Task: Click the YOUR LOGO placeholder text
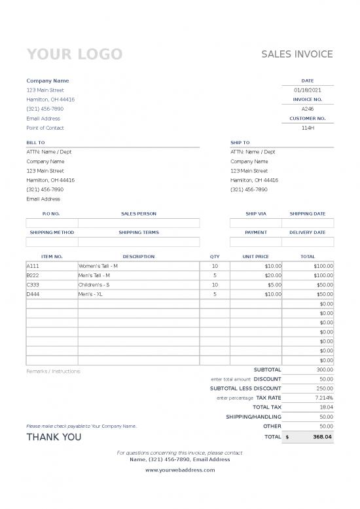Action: [x=74, y=54]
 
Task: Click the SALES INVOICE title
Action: [x=297, y=54]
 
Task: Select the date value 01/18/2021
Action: [x=308, y=90]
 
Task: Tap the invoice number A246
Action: [x=308, y=109]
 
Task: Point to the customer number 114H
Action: [x=308, y=128]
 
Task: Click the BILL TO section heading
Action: [x=35, y=142]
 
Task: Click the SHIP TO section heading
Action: [x=240, y=142]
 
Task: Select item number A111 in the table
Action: [x=33, y=266]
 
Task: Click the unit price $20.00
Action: [x=273, y=276]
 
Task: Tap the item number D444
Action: [x=33, y=295]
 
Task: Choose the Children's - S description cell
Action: [x=94, y=285]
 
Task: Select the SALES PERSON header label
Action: [x=139, y=214]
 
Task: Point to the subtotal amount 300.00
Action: [x=325, y=369]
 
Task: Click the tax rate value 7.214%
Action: [x=324, y=398]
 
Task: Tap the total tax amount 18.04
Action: [x=326, y=407]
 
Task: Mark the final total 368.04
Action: [x=322, y=436]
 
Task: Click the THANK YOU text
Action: [x=54, y=437]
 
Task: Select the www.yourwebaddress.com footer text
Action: [x=180, y=470]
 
